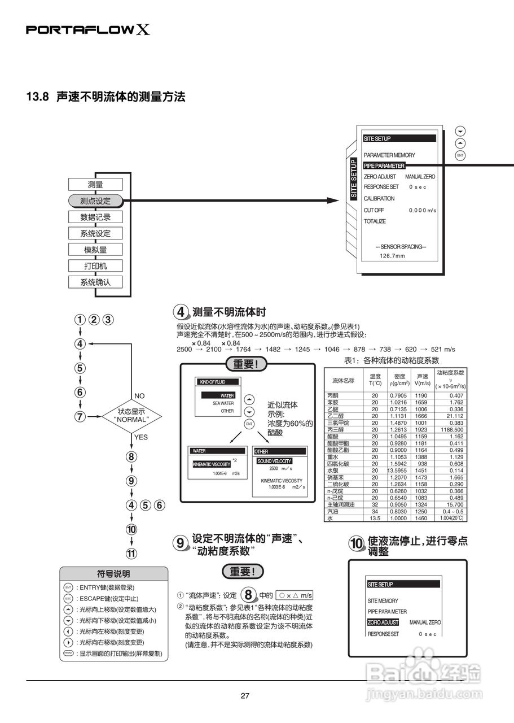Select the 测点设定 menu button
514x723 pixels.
tap(95, 201)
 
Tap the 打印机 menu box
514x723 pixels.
tap(95, 265)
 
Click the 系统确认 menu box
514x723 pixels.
tap(95, 282)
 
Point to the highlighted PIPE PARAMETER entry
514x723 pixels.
tap(384, 166)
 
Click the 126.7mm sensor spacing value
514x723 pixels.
tap(392, 256)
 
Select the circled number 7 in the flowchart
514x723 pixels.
tap(80, 417)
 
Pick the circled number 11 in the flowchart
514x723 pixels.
tap(131, 554)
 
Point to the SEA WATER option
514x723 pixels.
tap(223, 403)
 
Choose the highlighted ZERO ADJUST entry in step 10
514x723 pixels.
tap(383, 622)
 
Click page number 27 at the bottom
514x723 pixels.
tap(245, 695)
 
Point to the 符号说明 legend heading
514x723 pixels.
tap(113, 574)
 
